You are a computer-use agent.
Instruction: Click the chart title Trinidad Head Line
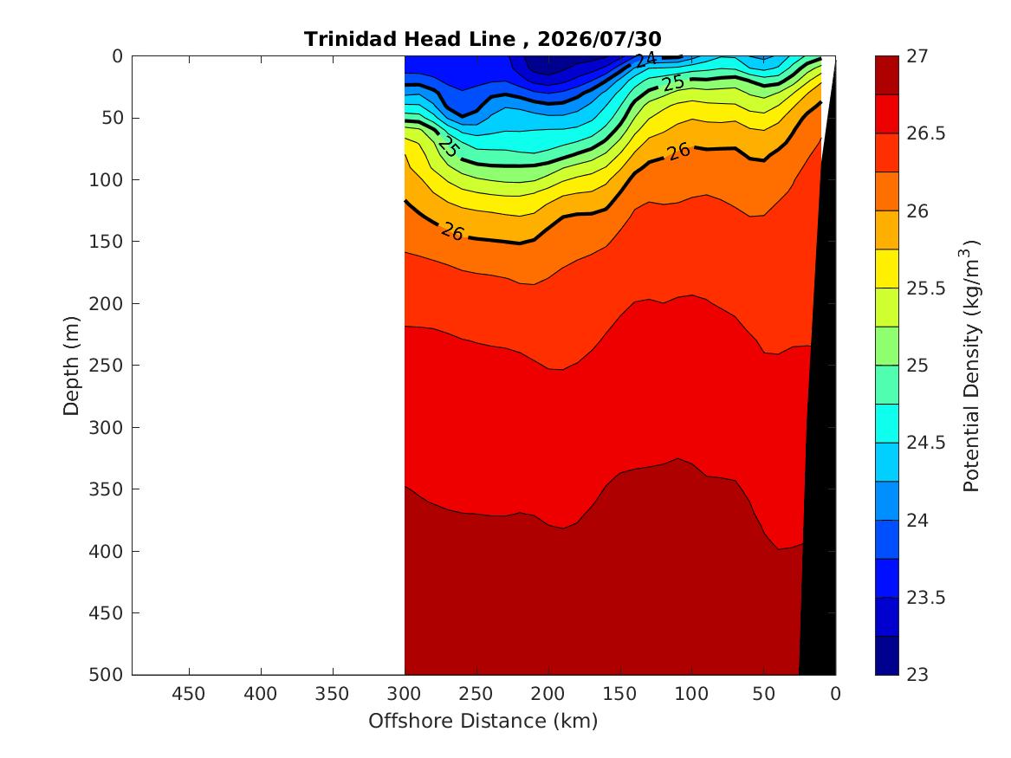[x=410, y=39]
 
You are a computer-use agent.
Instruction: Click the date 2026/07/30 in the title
[x=599, y=39]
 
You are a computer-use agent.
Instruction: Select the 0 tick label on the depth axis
[x=117, y=56]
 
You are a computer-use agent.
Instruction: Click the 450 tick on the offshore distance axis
[x=189, y=694]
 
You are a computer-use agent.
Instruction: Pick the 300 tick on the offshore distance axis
[x=405, y=694]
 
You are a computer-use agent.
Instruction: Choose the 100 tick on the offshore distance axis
[x=692, y=694]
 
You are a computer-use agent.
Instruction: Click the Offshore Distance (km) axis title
[x=483, y=721]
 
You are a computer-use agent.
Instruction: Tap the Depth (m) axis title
[x=71, y=366]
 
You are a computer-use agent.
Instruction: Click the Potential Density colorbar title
[x=971, y=366]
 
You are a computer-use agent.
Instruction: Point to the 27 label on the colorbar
[x=917, y=56]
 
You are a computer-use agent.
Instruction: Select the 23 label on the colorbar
[x=917, y=675]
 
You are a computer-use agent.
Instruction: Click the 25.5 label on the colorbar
[x=926, y=288]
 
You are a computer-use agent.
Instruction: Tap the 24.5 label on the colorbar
[x=926, y=443]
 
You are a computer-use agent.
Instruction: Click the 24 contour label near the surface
[x=645, y=60]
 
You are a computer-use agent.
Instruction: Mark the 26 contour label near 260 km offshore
[x=452, y=231]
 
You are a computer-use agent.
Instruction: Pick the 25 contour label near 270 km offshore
[x=448, y=146]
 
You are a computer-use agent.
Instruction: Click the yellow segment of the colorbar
[x=886, y=269]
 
